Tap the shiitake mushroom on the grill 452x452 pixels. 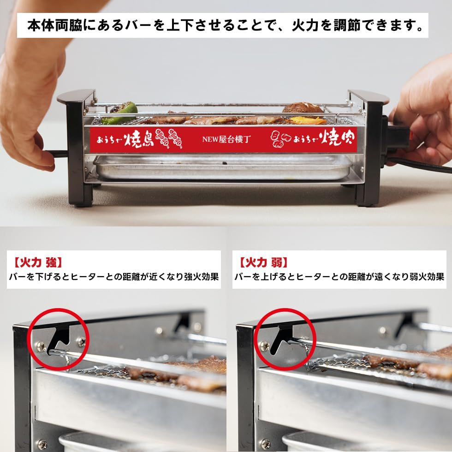(303, 108)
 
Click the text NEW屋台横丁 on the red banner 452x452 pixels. (226, 138)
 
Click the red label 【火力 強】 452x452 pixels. (36, 263)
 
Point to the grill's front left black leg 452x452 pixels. (80, 184)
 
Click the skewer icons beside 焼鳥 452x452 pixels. (168, 138)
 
